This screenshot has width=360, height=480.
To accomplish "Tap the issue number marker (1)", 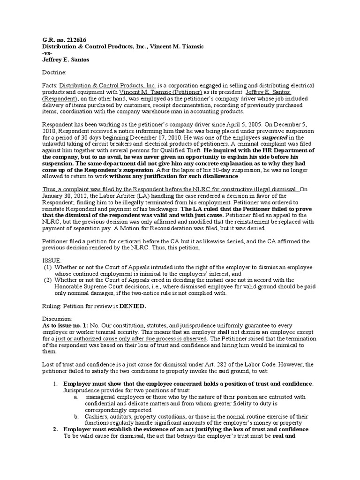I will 48,267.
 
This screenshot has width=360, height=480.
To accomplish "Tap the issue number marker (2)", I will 48,280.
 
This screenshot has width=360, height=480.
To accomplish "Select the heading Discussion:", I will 59,319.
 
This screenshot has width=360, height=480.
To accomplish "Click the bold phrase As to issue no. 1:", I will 68,326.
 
